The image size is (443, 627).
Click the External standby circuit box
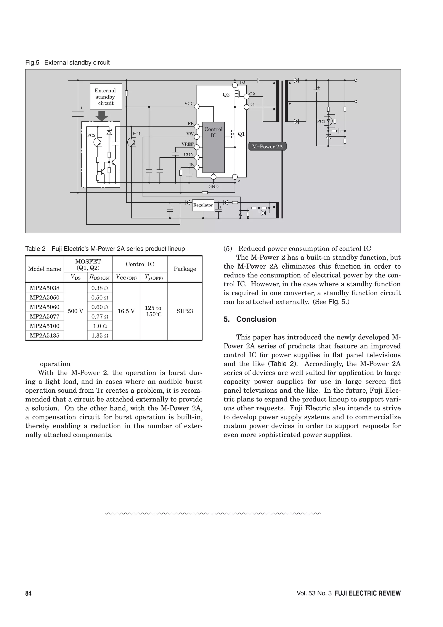tap(106, 97)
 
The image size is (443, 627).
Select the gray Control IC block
tap(213, 147)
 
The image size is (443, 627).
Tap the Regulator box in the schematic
tap(203, 205)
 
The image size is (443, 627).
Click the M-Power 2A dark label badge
tap(267, 147)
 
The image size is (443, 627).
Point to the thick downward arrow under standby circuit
tap(102, 116)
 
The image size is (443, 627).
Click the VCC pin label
tap(189, 103)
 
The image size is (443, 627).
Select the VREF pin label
tap(188, 144)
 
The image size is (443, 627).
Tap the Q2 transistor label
tap(226, 95)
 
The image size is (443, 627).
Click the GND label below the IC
tap(213, 187)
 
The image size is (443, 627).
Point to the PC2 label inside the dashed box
tap(91, 135)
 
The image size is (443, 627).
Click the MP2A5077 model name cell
tap(45, 316)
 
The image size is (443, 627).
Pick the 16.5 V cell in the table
tap(126, 311)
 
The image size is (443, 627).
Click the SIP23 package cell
tap(185, 311)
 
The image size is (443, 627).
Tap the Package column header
tap(185, 269)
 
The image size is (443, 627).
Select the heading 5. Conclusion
tap(250, 319)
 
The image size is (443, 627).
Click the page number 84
tap(28, 593)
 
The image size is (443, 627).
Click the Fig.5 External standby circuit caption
tap(67, 63)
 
